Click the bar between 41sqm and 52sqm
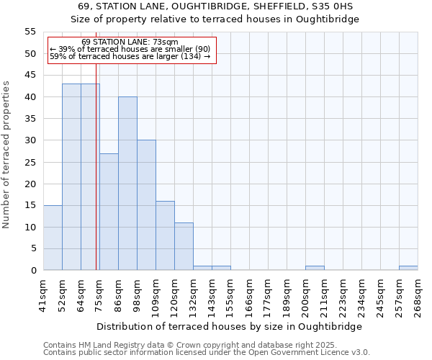coord(53,238)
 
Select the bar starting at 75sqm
coord(109,212)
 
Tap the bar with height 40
coord(127,184)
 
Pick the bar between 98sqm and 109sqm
coord(146,205)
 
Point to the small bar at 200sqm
coord(315,268)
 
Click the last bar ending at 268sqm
coord(408,268)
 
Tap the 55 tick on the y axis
coord(30,32)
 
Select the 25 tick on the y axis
coord(30,162)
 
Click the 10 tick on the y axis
coord(30,227)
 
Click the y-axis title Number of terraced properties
coord(7,154)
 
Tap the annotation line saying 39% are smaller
coord(130,49)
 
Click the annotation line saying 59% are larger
coord(130,56)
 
